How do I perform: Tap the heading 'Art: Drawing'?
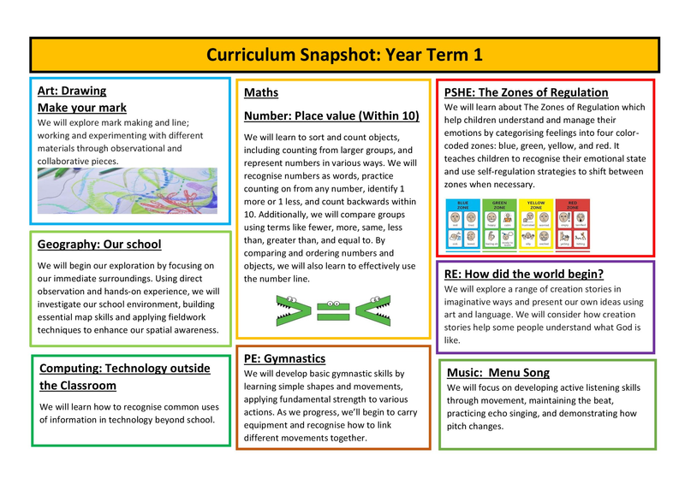click(x=72, y=91)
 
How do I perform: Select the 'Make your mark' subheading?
click(x=82, y=108)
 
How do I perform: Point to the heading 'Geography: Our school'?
click(x=99, y=245)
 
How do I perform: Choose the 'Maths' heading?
click(x=261, y=92)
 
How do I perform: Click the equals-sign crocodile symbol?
click(x=333, y=310)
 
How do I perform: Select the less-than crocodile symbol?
click(x=373, y=310)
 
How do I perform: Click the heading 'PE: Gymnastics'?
click(x=284, y=358)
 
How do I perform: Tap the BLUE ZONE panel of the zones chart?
click(x=463, y=224)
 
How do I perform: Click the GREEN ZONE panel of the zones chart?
click(x=500, y=224)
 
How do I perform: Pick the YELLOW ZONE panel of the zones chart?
click(x=536, y=224)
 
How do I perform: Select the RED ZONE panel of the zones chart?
click(x=573, y=224)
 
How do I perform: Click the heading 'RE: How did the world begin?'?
click(x=524, y=274)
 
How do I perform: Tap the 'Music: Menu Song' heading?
click(x=498, y=373)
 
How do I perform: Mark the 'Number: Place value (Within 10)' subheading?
click(x=331, y=115)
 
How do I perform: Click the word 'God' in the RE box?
click(x=629, y=327)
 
